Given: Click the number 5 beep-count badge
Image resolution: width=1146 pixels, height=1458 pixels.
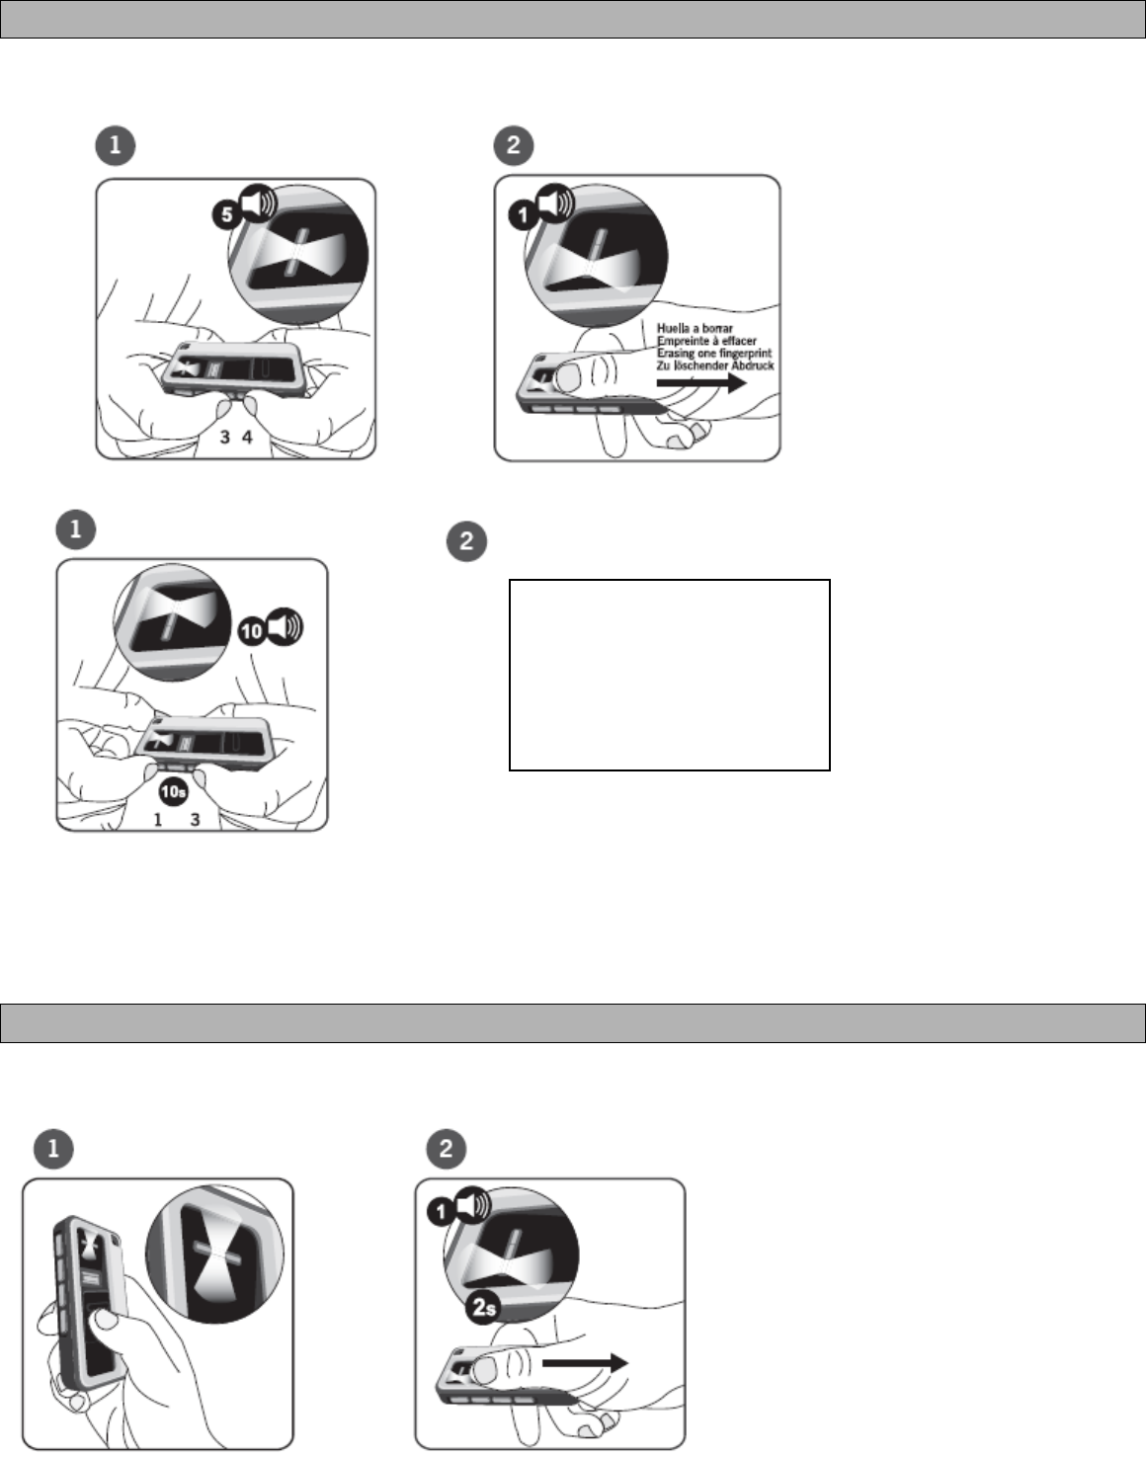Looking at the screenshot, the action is [227, 214].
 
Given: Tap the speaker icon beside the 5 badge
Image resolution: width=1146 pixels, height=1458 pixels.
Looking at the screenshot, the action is [258, 202].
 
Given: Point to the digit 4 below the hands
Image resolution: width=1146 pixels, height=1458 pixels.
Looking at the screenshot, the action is [248, 437].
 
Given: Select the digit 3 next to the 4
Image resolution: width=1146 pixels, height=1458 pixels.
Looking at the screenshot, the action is [225, 437].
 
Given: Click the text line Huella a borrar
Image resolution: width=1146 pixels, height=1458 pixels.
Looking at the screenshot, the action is [695, 328].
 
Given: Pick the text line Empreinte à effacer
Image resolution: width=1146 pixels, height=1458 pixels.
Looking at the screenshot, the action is [706, 341].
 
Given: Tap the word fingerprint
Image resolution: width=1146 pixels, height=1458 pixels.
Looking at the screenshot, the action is [746, 354].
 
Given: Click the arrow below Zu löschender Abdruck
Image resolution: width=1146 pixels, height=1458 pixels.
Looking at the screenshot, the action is [701, 383].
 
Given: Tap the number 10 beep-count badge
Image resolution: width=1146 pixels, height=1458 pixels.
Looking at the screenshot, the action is [252, 630].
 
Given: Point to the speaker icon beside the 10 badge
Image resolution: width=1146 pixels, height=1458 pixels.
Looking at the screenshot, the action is [286, 626].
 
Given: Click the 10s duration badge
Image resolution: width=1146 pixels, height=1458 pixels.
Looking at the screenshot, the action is [173, 792].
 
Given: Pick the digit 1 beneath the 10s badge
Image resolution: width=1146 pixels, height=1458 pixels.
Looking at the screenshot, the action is [158, 819].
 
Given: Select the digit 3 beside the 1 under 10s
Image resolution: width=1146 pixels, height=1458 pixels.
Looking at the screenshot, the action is [196, 819].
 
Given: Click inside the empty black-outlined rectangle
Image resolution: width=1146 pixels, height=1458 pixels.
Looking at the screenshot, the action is [670, 675].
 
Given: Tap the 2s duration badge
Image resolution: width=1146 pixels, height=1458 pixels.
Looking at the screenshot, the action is [484, 1307].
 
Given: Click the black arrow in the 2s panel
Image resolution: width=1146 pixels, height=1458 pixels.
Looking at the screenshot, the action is [585, 1362].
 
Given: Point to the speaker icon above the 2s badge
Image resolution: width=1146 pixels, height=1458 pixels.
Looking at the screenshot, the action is [473, 1205].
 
